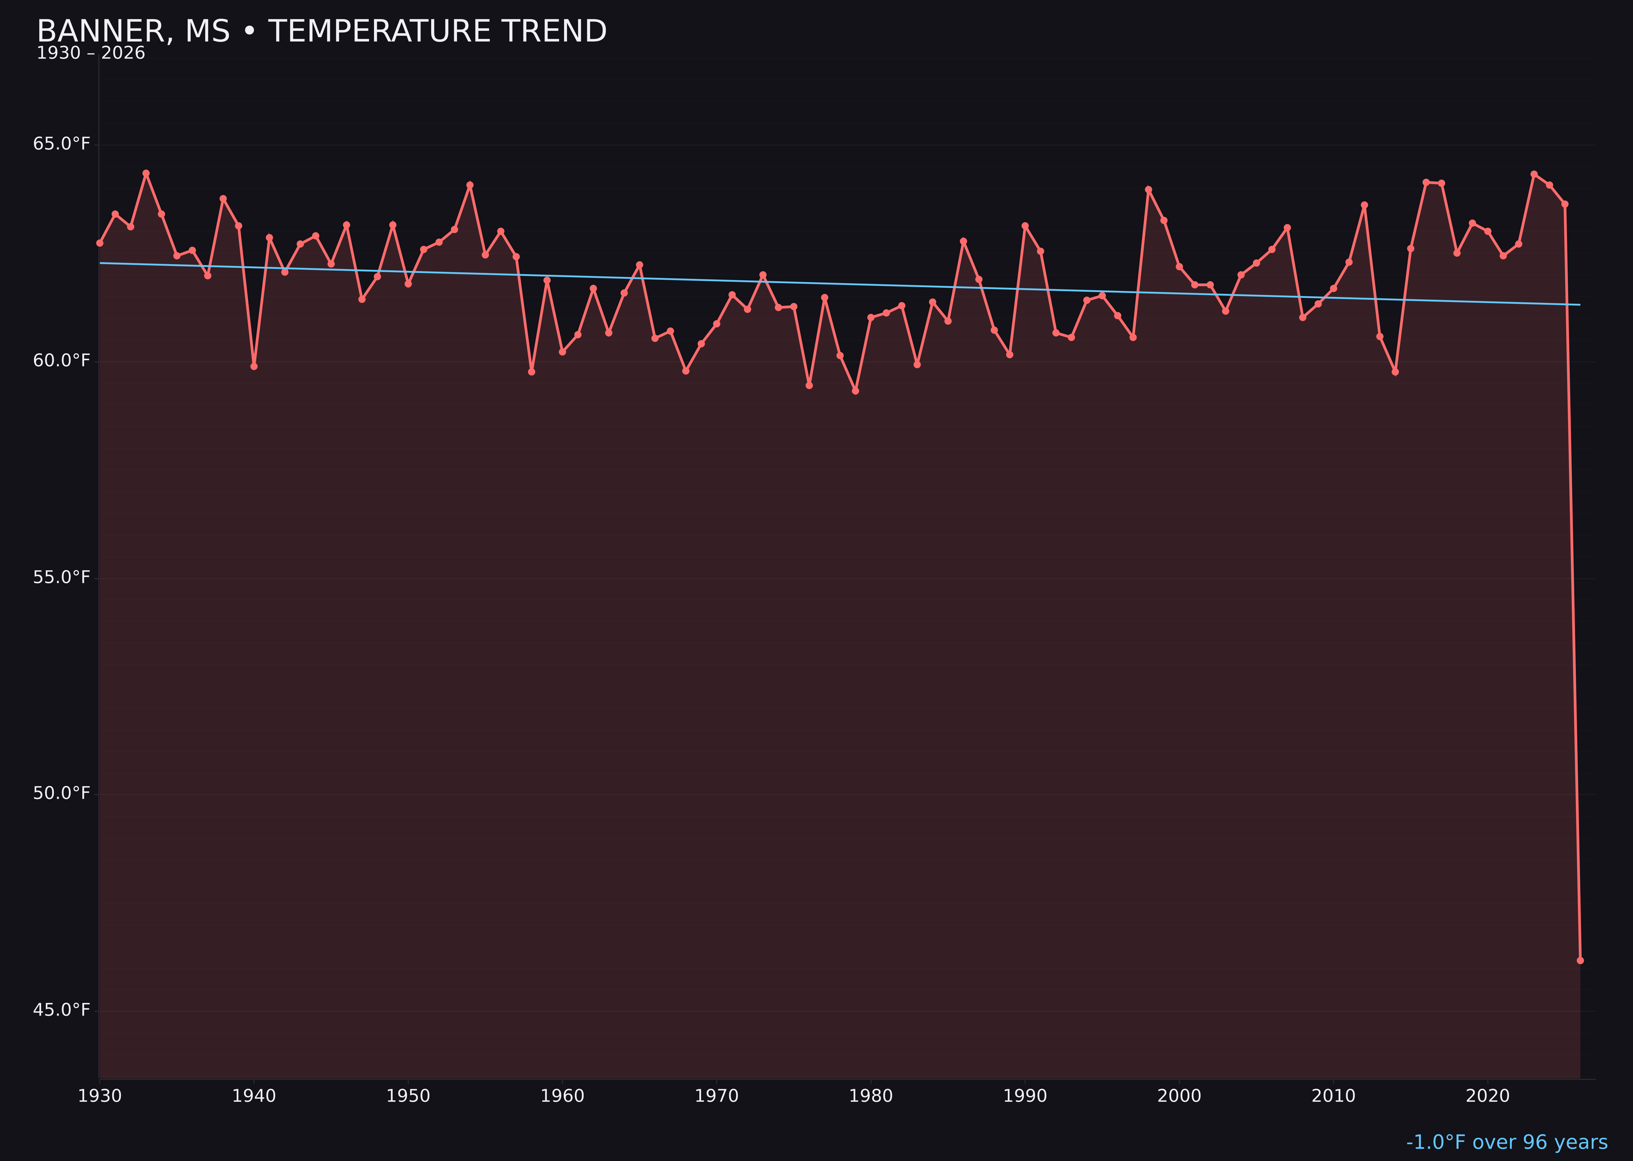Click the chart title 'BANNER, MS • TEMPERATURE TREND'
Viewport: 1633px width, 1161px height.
pyautogui.click(x=322, y=31)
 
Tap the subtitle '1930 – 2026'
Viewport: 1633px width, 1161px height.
pyautogui.click(x=91, y=53)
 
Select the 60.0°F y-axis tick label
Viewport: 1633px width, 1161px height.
pyautogui.click(x=62, y=361)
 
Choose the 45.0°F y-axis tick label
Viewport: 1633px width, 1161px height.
pyautogui.click(x=62, y=1010)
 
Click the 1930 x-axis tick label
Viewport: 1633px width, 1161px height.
pyautogui.click(x=100, y=1096)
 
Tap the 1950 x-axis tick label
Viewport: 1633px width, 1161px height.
pyautogui.click(x=408, y=1096)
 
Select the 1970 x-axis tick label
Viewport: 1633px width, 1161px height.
pyautogui.click(x=716, y=1096)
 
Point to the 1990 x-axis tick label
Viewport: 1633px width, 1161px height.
pyautogui.click(x=1025, y=1096)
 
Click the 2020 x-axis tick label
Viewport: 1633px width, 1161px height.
pyautogui.click(x=1487, y=1096)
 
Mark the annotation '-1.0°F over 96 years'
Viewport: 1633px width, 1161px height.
pyautogui.click(x=1506, y=1142)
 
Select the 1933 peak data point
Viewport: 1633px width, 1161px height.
pyautogui.click(x=146, y=173)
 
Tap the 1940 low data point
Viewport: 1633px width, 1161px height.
pyautogui.click(x=254, y=367)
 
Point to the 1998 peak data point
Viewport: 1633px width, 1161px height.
pyautogui.click(x=1148, y=189)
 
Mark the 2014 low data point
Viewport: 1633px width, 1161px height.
pyautogui.click(x=1395, y=372)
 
